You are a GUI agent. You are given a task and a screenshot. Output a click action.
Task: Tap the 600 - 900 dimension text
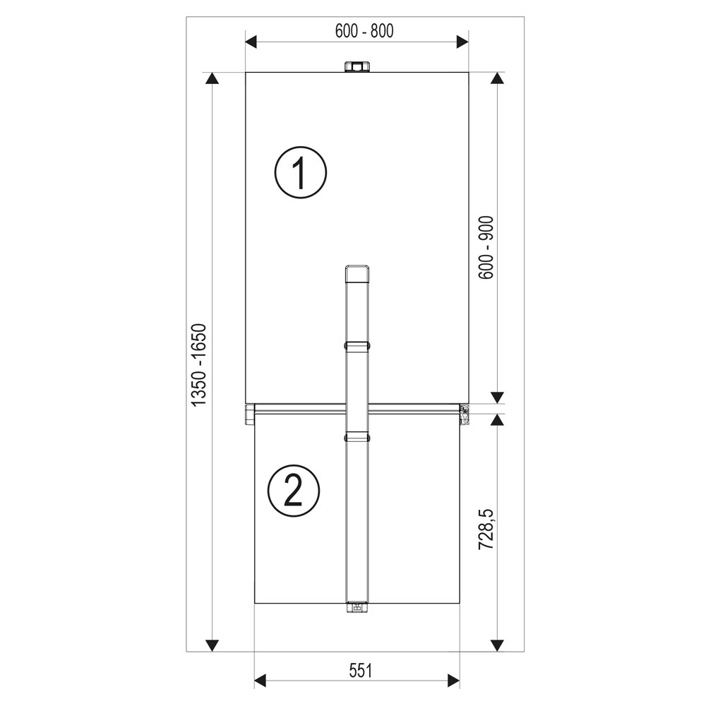pyautogui.click(x=486, y=247)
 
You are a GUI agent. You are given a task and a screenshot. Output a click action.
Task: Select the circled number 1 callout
pyautogui.click(x=301, y=172)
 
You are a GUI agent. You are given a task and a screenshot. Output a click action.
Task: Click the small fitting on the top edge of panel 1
pyautogui.click(x=357, y=67)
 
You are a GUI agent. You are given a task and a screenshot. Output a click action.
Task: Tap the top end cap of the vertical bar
pyautogui.click(x=357, y=272)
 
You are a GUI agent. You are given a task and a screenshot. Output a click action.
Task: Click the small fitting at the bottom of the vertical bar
pyautogui.click(x=357, y=606)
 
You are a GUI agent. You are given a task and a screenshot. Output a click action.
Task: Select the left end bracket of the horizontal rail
pyautogui.click(x=249, y=414)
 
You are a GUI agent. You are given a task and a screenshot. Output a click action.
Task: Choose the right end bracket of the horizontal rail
pyautogui.click(x=465, y=414)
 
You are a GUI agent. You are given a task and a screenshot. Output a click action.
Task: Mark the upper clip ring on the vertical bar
pyautogui.click(x=357, y=346)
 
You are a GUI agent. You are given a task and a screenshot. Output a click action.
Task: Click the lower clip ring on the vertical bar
pyautogui.click(x=357, y=438)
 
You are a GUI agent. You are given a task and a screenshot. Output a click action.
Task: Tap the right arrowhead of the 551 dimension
pyautogui.click(x=453, y=681)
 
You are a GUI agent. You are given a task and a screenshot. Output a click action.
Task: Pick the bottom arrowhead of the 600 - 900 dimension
pyautogui.click(x=498, y=397)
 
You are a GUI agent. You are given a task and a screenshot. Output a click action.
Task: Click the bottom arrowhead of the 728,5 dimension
pyautogui.click(x=498, y=645)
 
